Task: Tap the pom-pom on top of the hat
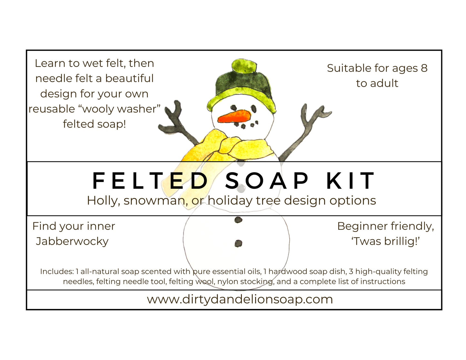[x=244, y=66]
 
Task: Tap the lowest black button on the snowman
[x=238, y=244]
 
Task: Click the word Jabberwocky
[x=72, y=241]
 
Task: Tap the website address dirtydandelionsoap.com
[x=240, y=299]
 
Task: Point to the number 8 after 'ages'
[x=424, y=68]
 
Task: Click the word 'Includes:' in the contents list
[x=57, y=272]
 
